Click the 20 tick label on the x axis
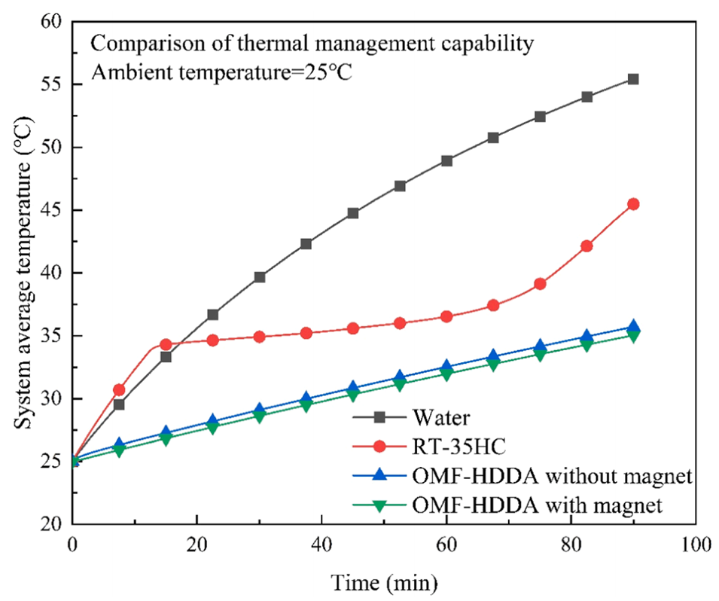(x=197, y=542)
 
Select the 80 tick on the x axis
(x=571, y=542)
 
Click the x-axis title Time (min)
(x=382, y=582)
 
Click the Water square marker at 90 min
(x=633, y=79)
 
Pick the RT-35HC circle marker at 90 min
(x=633, y=204)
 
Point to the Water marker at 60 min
(x=446, y=160)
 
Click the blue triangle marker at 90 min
(x=633, y=327)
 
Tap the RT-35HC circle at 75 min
(x=540, y=284)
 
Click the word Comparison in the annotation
(x=140, y=43)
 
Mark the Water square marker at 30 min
(x=260, y=277)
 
